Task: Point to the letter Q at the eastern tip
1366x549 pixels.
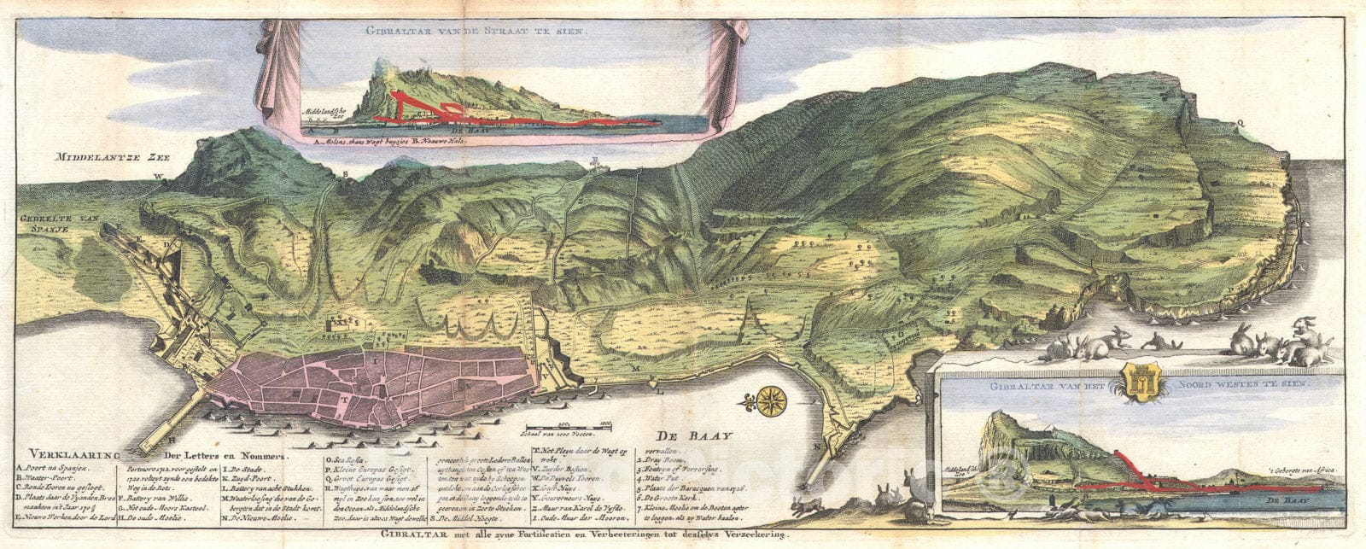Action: [1240, 121]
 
